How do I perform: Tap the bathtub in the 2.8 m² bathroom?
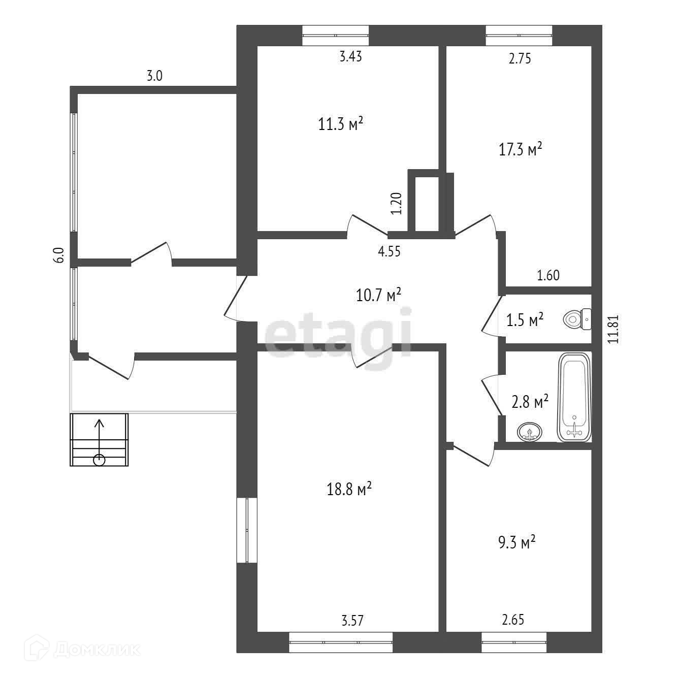(574, 397)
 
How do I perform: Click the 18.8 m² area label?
(349, 490)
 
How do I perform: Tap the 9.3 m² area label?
(514, 542)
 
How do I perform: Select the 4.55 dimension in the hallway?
(389, 251)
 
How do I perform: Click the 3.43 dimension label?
(350, 56)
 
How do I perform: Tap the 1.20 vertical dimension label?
(397, 203)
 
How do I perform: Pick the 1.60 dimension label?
(548, 275)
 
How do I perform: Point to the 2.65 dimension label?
(513, 620)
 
